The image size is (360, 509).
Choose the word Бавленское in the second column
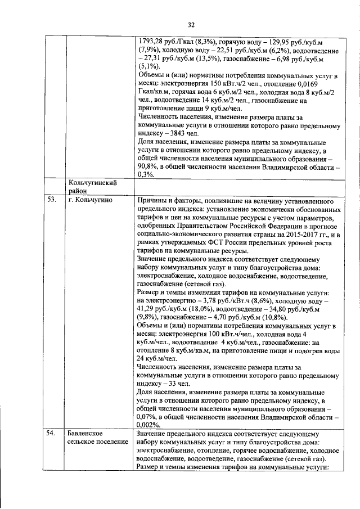click(84, 435)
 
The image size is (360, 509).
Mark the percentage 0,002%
click(150, 425)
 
